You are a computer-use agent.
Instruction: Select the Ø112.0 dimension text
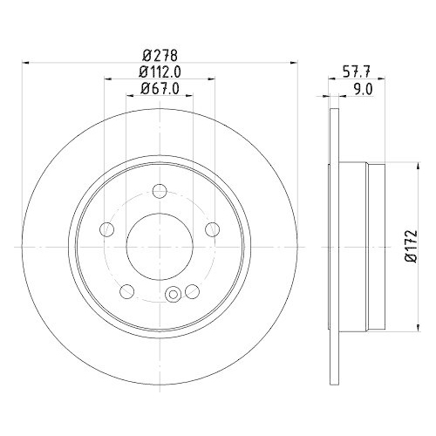[160, 72]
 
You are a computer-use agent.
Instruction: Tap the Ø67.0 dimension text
[160, 88]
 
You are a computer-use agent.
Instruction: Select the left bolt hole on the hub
[107, 229]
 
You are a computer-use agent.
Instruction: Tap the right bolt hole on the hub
[210, 229]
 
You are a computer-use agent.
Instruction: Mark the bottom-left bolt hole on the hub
[127, 290]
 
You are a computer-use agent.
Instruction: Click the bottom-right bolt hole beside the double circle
[191, 290]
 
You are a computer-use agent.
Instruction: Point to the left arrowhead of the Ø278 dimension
[24, 62]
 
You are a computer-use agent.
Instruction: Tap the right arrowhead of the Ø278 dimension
[292, 62]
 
